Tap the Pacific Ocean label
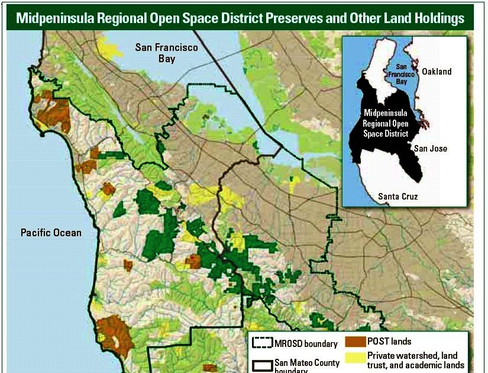[x=51, y=233]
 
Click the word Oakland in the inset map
[x=436, y=72]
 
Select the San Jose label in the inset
[x=430, y=149]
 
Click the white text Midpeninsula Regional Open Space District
[x=384, y=123]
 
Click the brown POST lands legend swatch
[x=355, y=342]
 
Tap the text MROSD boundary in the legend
[x=306, y=343]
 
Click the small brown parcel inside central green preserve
[x=193, y=259]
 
